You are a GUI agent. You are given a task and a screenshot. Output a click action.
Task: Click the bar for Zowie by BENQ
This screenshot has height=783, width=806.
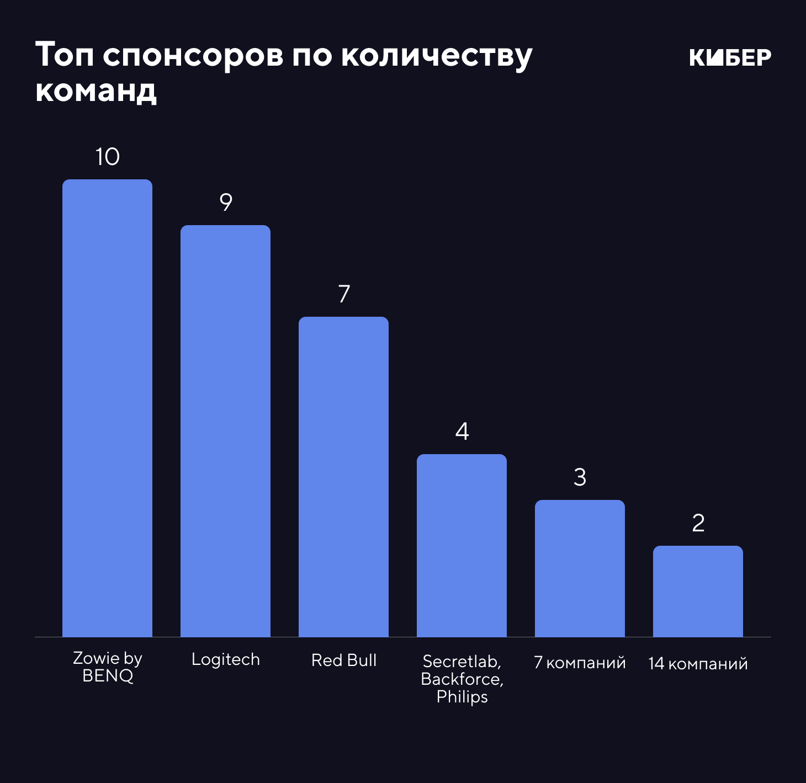(x=107, y=408)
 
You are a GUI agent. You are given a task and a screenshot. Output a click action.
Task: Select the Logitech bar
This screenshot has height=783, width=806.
(x=225, y=431)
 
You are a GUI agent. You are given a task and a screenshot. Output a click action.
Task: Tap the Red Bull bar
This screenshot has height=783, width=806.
(x=343, y=477)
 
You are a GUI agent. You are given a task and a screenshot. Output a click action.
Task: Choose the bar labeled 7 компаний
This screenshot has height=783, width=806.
(x=580, y=568)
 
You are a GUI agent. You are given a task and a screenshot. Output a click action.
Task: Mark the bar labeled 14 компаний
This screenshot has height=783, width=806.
(x=698, y=591)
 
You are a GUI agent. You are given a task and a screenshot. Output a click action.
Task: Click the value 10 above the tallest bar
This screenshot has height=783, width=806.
(x=107, y=157)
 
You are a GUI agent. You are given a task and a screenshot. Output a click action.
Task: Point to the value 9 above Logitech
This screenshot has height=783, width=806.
(x=225, y=203)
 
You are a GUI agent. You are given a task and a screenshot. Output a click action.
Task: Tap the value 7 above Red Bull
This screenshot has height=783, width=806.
(x=344, y=294)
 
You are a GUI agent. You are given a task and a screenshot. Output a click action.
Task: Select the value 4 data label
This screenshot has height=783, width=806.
(x=462, y=432)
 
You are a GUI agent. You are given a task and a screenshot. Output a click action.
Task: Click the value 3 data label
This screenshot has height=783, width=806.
(x=580, y=477)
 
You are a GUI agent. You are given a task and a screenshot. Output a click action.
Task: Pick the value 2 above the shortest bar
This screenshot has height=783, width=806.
(x=698, y=523)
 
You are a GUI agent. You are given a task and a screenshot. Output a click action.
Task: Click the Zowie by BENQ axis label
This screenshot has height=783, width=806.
(x=108, y=667)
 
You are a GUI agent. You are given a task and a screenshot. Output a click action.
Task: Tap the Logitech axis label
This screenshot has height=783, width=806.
(x=225, y=659)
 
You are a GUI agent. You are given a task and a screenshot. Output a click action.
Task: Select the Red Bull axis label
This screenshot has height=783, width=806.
(x=343, y=660)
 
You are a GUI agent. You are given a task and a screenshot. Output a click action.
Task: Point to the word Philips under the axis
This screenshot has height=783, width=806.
(x=462, y=697)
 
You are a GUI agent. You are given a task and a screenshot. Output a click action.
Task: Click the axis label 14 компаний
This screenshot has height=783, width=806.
(x=698, y=663)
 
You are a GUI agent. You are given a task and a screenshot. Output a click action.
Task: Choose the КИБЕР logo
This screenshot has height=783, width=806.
(x=730, y=57)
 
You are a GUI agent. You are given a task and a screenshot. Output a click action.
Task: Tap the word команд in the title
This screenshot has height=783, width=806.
(x=96, y=90)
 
